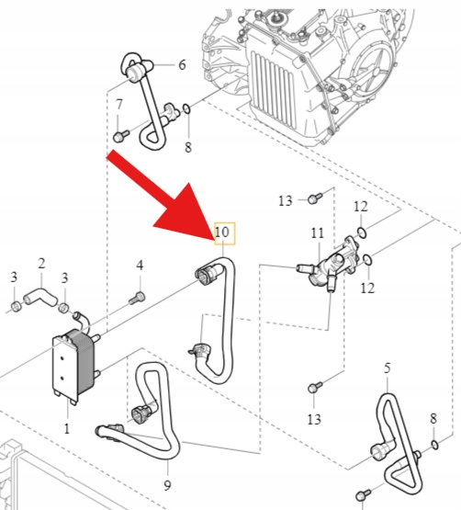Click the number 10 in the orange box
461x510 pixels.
point(222,232)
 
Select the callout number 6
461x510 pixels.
point(182,64)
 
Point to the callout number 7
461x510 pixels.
point(119,105)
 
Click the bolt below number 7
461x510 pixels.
point(121,136)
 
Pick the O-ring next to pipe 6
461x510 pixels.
point(186,109)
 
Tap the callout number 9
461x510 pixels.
point(167,485)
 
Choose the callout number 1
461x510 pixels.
point(67,429)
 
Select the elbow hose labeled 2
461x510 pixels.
point(40,295)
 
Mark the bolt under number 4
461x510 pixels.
point(137,298)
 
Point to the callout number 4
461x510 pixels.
point(140,266)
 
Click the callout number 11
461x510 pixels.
point(318,232)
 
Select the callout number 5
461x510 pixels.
point(387,368)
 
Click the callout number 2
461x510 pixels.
point(41,263)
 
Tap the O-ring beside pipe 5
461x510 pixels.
point(434,444)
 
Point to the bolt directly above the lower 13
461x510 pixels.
point(314,387)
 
